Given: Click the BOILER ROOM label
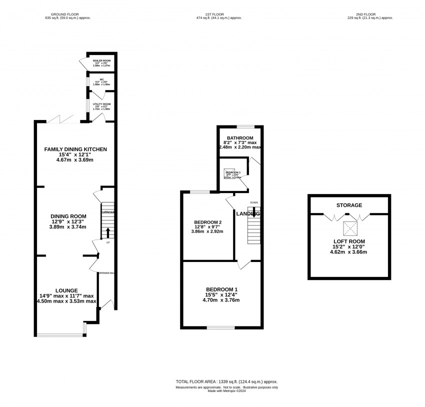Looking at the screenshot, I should click(101, 60).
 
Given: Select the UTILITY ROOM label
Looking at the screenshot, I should click(102, 104).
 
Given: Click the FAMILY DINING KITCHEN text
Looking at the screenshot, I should click(75, 149).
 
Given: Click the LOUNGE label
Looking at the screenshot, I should click(66, 290).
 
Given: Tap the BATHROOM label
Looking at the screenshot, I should click(239, 138).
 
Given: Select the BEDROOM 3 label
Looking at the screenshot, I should click(232, 172).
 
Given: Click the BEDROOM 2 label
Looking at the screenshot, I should click(207, 222).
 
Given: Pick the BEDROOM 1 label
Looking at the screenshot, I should click(221, 289).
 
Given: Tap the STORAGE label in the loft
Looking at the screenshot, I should click(349, 205).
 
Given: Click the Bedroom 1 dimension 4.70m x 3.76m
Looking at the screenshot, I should click(221, 300).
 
